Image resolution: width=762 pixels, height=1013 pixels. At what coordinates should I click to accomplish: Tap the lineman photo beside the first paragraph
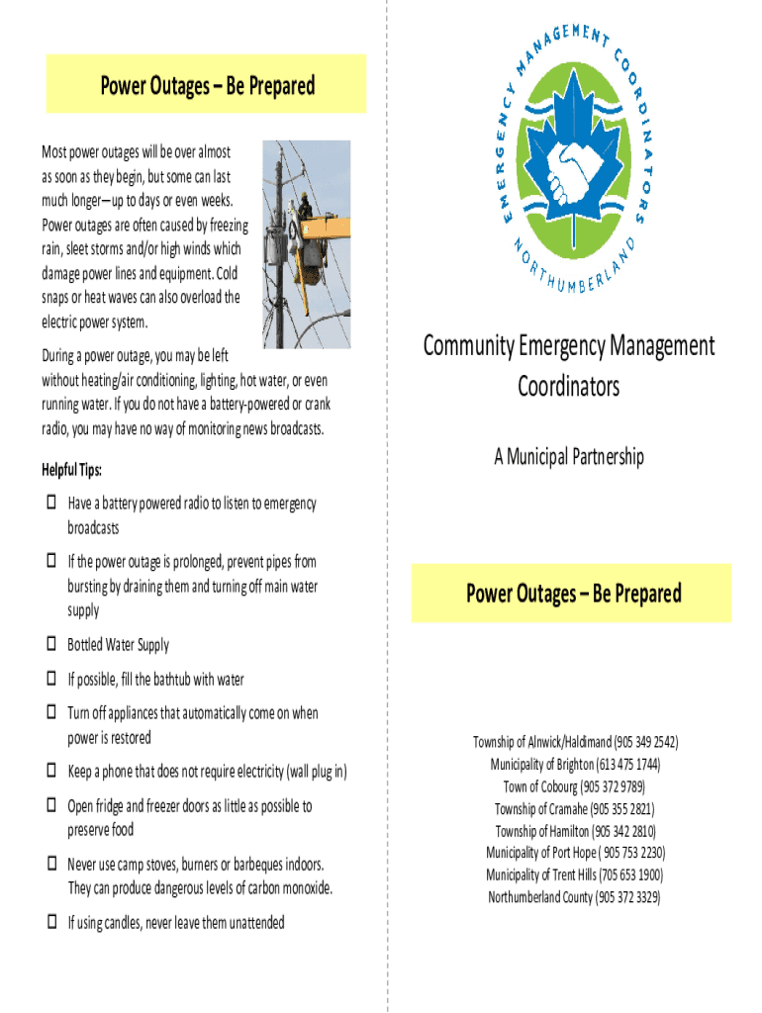[306, 243]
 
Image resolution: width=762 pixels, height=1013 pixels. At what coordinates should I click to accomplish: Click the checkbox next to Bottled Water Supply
[51, 645]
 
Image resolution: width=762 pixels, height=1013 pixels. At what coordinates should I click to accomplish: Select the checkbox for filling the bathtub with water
[51, 680]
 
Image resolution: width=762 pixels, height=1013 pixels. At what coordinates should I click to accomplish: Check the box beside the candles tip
[51, 922]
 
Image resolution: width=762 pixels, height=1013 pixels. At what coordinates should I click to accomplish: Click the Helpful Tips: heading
[71, 469]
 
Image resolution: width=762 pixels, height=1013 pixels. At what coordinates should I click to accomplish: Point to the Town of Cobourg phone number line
[574, 786]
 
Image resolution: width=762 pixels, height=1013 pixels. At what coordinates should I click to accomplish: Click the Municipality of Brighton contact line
[574, 765]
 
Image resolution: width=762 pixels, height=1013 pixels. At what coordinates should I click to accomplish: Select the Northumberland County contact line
[574, 897]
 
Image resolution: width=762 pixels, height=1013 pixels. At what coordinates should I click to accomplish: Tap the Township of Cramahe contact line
[574, 808]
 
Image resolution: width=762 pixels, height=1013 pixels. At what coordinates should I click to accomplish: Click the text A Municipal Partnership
[569, 456]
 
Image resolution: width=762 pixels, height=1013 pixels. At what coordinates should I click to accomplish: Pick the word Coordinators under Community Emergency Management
[568, 385]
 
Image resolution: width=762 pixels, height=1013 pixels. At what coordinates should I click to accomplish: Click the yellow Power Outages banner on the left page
[207, 85]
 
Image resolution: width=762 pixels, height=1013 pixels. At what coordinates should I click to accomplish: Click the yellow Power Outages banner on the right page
[573, 594]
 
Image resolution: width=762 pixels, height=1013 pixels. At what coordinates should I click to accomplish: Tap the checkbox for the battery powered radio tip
[51, 504]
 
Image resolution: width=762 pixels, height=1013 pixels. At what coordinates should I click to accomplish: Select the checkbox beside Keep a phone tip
[51, 771]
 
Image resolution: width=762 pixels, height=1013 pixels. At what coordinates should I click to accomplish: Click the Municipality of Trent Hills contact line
[574, 875]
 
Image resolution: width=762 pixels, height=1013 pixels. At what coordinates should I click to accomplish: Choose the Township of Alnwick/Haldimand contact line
[574, 742]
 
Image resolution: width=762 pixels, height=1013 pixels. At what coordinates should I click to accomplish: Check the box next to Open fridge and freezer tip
[51, 806]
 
